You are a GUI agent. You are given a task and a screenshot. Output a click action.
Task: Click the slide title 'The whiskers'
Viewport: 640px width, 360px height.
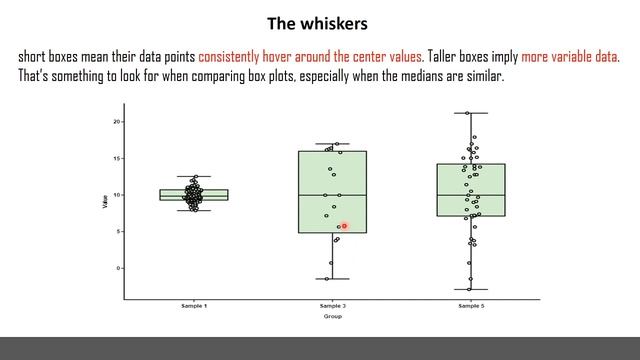319,22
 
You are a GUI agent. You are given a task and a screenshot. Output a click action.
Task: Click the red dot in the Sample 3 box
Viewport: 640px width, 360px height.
344,226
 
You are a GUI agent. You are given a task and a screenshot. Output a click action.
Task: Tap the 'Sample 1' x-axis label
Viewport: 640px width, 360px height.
194,306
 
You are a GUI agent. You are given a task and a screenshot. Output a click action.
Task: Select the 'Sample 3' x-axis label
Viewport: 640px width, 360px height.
332,306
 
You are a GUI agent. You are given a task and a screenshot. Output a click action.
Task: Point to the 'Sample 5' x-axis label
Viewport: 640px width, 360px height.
471,306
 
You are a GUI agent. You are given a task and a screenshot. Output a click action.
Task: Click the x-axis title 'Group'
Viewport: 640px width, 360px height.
332,316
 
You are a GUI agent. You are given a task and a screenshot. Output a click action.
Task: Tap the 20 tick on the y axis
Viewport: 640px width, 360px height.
117,121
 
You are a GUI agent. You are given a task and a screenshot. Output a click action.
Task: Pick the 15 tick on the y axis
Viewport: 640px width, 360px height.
117,158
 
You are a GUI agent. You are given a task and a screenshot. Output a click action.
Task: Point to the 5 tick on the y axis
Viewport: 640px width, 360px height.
119,231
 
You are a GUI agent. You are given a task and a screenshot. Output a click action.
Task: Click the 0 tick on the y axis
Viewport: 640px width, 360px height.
119,268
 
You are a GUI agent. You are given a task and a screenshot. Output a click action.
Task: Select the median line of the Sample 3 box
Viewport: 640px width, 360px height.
332,194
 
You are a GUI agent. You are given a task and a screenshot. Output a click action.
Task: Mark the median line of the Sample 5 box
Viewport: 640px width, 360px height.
470,194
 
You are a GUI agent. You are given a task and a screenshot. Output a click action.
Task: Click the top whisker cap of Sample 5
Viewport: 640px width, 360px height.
470,113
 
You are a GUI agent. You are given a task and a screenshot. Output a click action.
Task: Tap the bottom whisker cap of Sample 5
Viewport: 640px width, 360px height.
470,290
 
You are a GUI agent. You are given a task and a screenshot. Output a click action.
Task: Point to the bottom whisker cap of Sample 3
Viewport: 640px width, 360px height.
332,279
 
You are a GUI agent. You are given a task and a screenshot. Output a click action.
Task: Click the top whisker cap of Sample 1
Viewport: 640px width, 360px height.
194,177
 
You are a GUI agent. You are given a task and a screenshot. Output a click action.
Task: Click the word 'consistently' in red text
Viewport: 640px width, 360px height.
232,56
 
